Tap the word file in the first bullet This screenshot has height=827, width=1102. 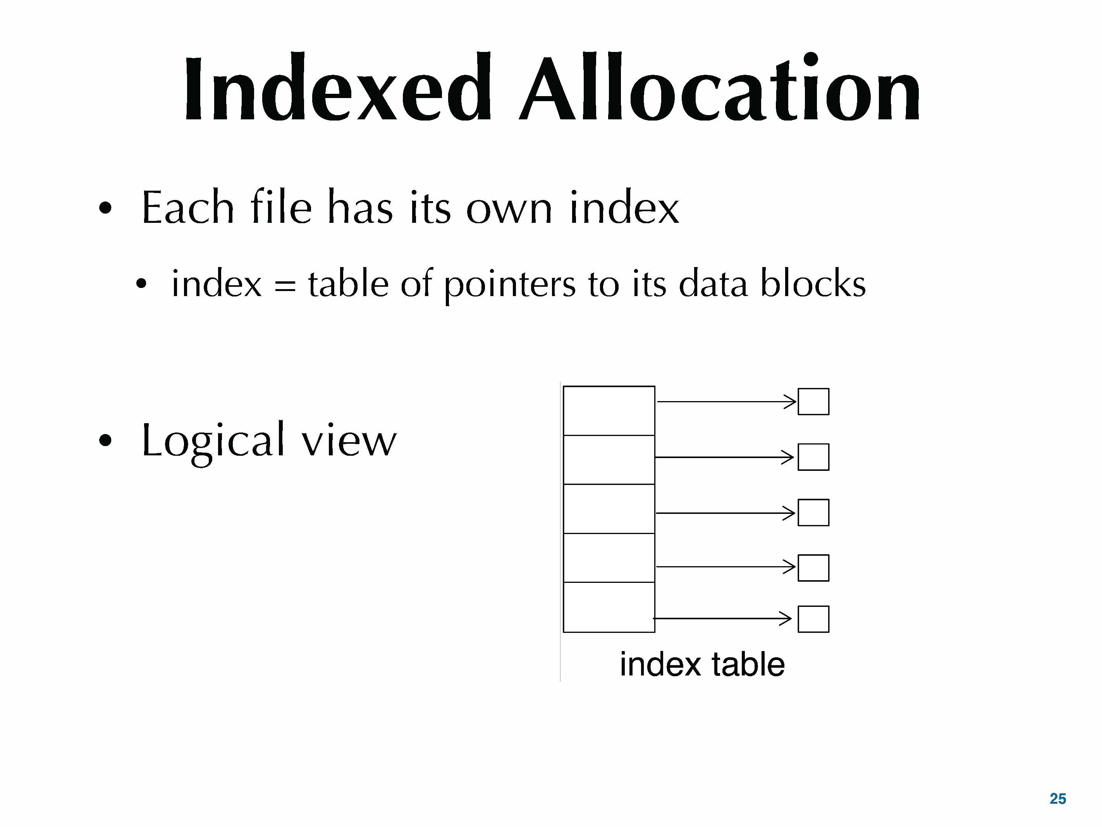point(281,208)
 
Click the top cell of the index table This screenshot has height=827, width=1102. point(609,411)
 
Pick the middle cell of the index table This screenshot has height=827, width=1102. point(609,508)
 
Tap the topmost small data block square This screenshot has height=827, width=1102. point(813,401)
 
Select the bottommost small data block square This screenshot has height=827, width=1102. point(813,619)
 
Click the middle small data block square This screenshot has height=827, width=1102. point(813,512)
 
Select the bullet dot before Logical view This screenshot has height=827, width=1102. point(105,440)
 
